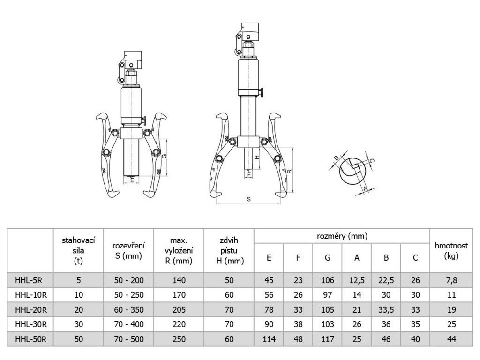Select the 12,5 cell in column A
(x=357, y=280)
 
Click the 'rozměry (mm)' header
(x=342, y=236)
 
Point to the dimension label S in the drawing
(x=248, y=199)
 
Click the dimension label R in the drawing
(x=290, y=172)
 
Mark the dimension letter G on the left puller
(x=164, y=157)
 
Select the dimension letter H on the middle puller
(x=257, y=157)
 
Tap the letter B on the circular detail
(x=336, y=157)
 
